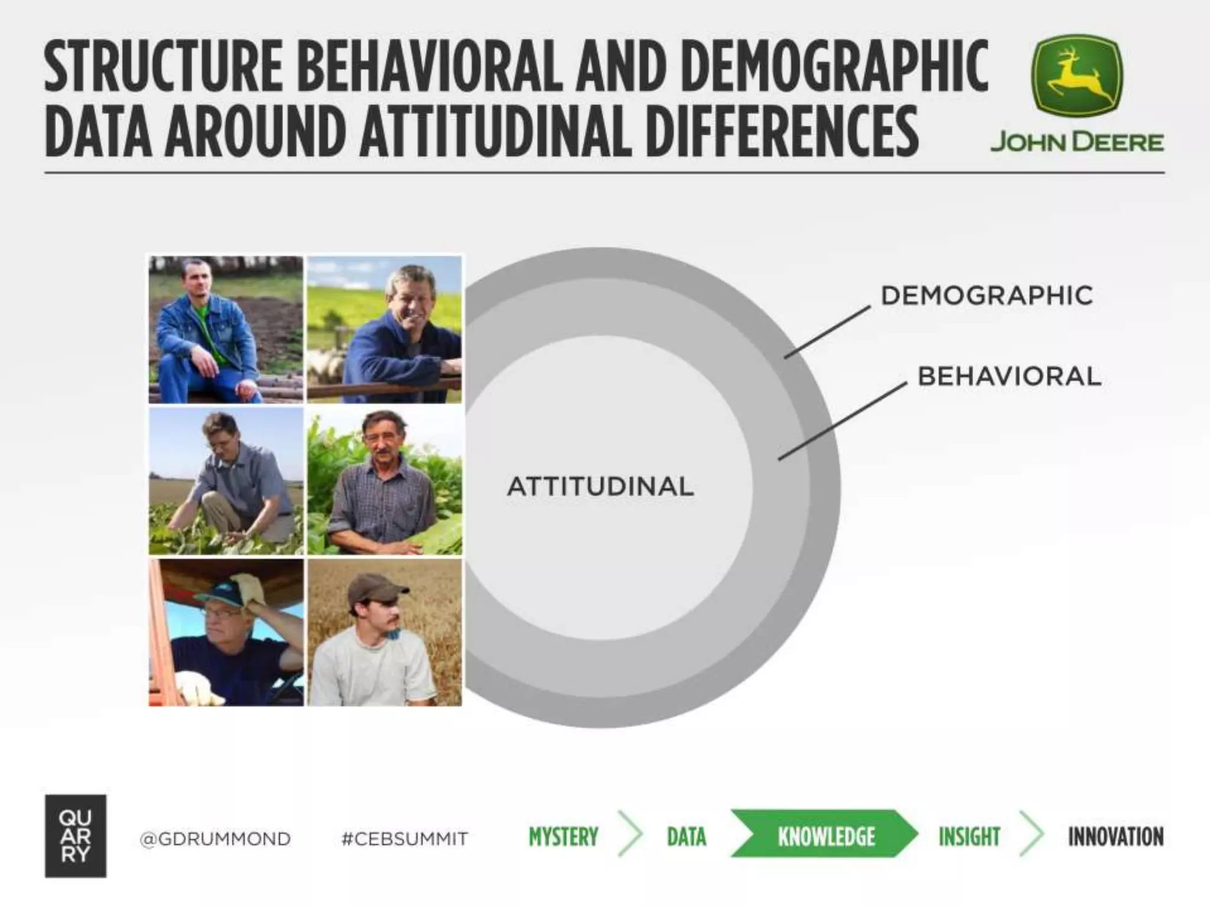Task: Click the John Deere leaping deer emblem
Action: [x=1076, y=76]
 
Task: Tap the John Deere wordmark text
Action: [x=1076, y=142]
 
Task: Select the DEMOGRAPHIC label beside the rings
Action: [x=987, y=296]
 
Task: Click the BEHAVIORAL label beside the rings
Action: [x=1009, y=376]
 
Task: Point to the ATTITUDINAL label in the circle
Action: [x=600, y=487]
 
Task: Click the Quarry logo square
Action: [x=76, y=836]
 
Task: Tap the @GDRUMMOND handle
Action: [x=215, y=839]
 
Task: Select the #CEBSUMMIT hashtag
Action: [x=405, y=839]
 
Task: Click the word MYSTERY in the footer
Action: [x=563, y=837]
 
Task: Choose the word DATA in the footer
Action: [x=687, y=837]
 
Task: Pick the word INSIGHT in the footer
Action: [x=969, y=837]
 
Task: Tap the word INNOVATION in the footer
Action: [x=1115, y=837]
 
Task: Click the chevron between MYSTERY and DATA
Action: [x=631, y=833]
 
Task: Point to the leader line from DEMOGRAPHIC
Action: [x=827, y=332]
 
